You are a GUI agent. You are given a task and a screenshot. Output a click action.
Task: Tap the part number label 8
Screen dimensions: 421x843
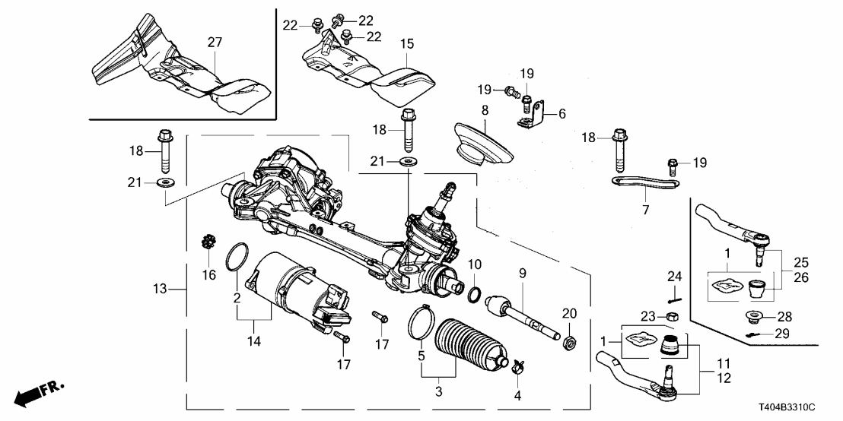coord(484,111)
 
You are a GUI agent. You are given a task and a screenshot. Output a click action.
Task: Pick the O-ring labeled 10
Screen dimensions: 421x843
coord(472,294)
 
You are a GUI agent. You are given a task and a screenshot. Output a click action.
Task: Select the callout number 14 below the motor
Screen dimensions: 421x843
coord(254,341)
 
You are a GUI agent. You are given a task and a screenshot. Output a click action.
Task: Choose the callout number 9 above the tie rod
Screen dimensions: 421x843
coord(523,272)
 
